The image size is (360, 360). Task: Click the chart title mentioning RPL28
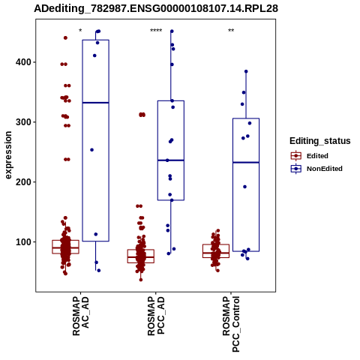(x=156, y=9)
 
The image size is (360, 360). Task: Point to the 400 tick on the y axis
(x=25, y=62)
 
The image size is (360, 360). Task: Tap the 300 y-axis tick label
(x=25, y=122)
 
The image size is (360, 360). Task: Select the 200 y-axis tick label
(x=25, y=182)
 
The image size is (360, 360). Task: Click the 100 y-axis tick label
(x=25, y=242)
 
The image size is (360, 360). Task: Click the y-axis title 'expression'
(x=8, y=155)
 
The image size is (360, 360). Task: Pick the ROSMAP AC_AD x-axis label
(x=80, y=316)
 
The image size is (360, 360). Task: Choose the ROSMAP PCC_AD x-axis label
(x=156, y=316)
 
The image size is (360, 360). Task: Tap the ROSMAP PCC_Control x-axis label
(x=231, y=324)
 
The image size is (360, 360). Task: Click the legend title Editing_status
(x=320, y=141)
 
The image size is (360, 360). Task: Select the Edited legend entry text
(x=317, y=156)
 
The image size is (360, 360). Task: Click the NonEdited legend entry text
(x=325, y=169)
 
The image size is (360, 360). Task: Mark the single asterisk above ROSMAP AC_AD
(x=80, y=31)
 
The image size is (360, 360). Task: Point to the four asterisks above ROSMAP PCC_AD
(x=156, y=31)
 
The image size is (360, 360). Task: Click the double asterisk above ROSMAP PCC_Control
(x=231, y=31)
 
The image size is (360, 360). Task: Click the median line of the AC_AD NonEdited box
(x=96, y=103)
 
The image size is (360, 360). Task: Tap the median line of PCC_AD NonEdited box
(x=171, y=160)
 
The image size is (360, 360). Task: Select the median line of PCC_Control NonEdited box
(x=246, y=163)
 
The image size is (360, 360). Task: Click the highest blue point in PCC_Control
(x=246, y=71)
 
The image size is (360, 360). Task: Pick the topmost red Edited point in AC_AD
(x=65, y=38)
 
